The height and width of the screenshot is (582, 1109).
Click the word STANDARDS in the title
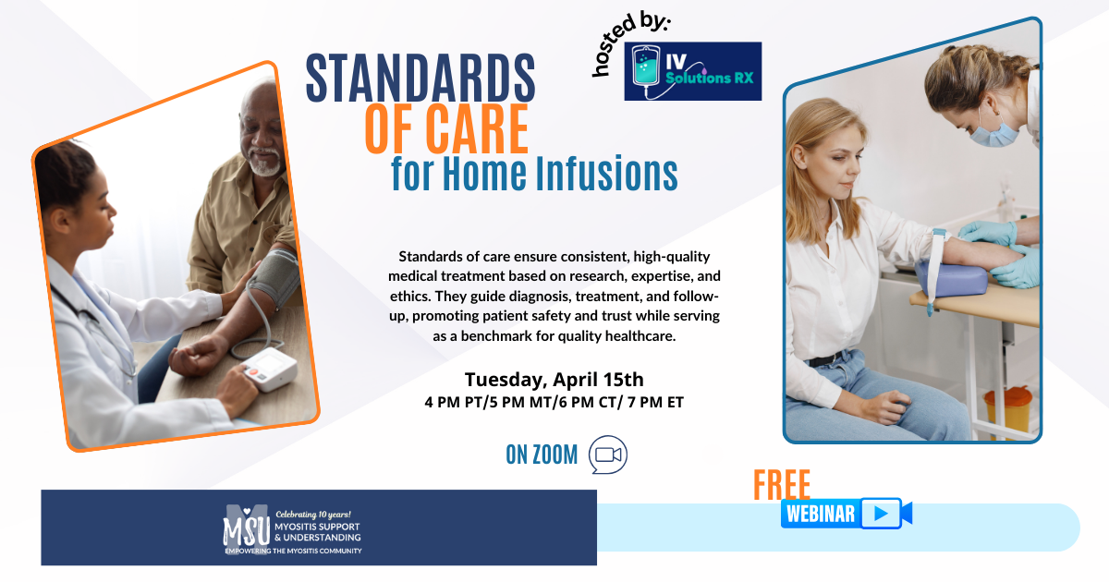coord(420,78)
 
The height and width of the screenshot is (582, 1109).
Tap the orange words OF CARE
coord(446,128)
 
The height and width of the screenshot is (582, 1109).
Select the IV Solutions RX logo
coord(692,71)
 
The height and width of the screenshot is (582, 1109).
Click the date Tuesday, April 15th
coord(554,380)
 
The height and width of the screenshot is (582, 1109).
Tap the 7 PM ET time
coord(655,403)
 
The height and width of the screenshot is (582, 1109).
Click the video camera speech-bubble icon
coord(608,455)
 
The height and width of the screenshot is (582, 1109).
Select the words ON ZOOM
coord(542,455)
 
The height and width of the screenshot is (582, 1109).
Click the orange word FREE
coord(782,484)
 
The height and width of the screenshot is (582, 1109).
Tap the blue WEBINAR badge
coord(847,514)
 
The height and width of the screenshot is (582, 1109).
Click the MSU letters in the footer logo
coord(247,530)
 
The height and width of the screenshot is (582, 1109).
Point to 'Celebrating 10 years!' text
coord(313,515)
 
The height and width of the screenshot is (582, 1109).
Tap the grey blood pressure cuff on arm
coord(274,277)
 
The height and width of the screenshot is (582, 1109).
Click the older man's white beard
coord(266,162)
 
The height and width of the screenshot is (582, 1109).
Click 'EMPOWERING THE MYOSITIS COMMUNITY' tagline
coord(293,551)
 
